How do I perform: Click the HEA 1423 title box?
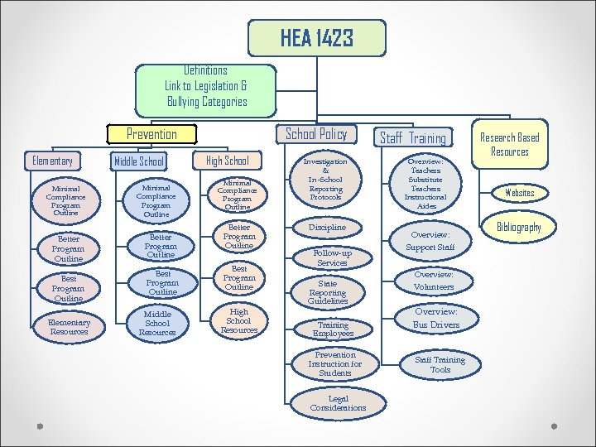point(317,38)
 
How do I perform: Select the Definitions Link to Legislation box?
point(205,86)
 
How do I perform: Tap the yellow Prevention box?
point(151,134)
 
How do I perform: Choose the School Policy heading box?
point(316,134)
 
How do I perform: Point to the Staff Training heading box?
point(412,138)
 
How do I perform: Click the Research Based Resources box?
point(510,144)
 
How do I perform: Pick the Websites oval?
point(520,193)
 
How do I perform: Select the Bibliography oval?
point(519,227)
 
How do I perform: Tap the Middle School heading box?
point(138,161)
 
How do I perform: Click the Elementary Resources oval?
point(70,327)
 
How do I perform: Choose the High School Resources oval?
point(238,320)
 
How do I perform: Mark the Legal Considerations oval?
point(338,404)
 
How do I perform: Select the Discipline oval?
point(327,227)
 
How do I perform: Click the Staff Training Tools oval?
point(440,364)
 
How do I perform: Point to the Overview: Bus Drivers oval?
point(435,319)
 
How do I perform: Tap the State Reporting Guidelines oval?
point(328,292)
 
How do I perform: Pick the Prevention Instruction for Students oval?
point(335,364)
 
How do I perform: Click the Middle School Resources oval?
point(157,324)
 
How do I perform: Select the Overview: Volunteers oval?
point(434,281)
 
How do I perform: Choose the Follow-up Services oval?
point(332,257)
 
